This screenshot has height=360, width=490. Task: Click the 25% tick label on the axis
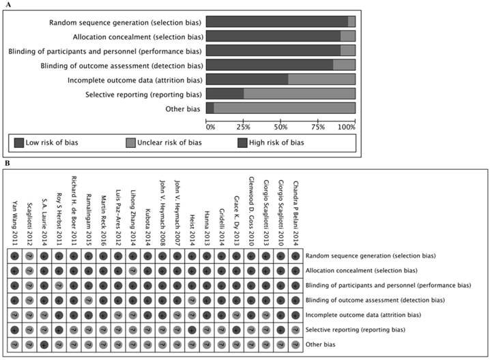click(243, 127)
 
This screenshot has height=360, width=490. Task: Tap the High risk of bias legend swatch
click(242, 142)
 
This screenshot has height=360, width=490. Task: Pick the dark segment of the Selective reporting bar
click(225, 93)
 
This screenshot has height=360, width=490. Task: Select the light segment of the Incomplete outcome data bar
click(321, 79)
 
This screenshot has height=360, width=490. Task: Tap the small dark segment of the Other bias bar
click(210, 108)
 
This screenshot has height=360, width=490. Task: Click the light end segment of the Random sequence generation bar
click(351, 22)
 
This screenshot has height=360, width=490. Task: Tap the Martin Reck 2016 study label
click(103, 215)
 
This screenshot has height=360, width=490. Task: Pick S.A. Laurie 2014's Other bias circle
click(44, 344)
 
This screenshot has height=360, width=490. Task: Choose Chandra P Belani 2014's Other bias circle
click(295, 344)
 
